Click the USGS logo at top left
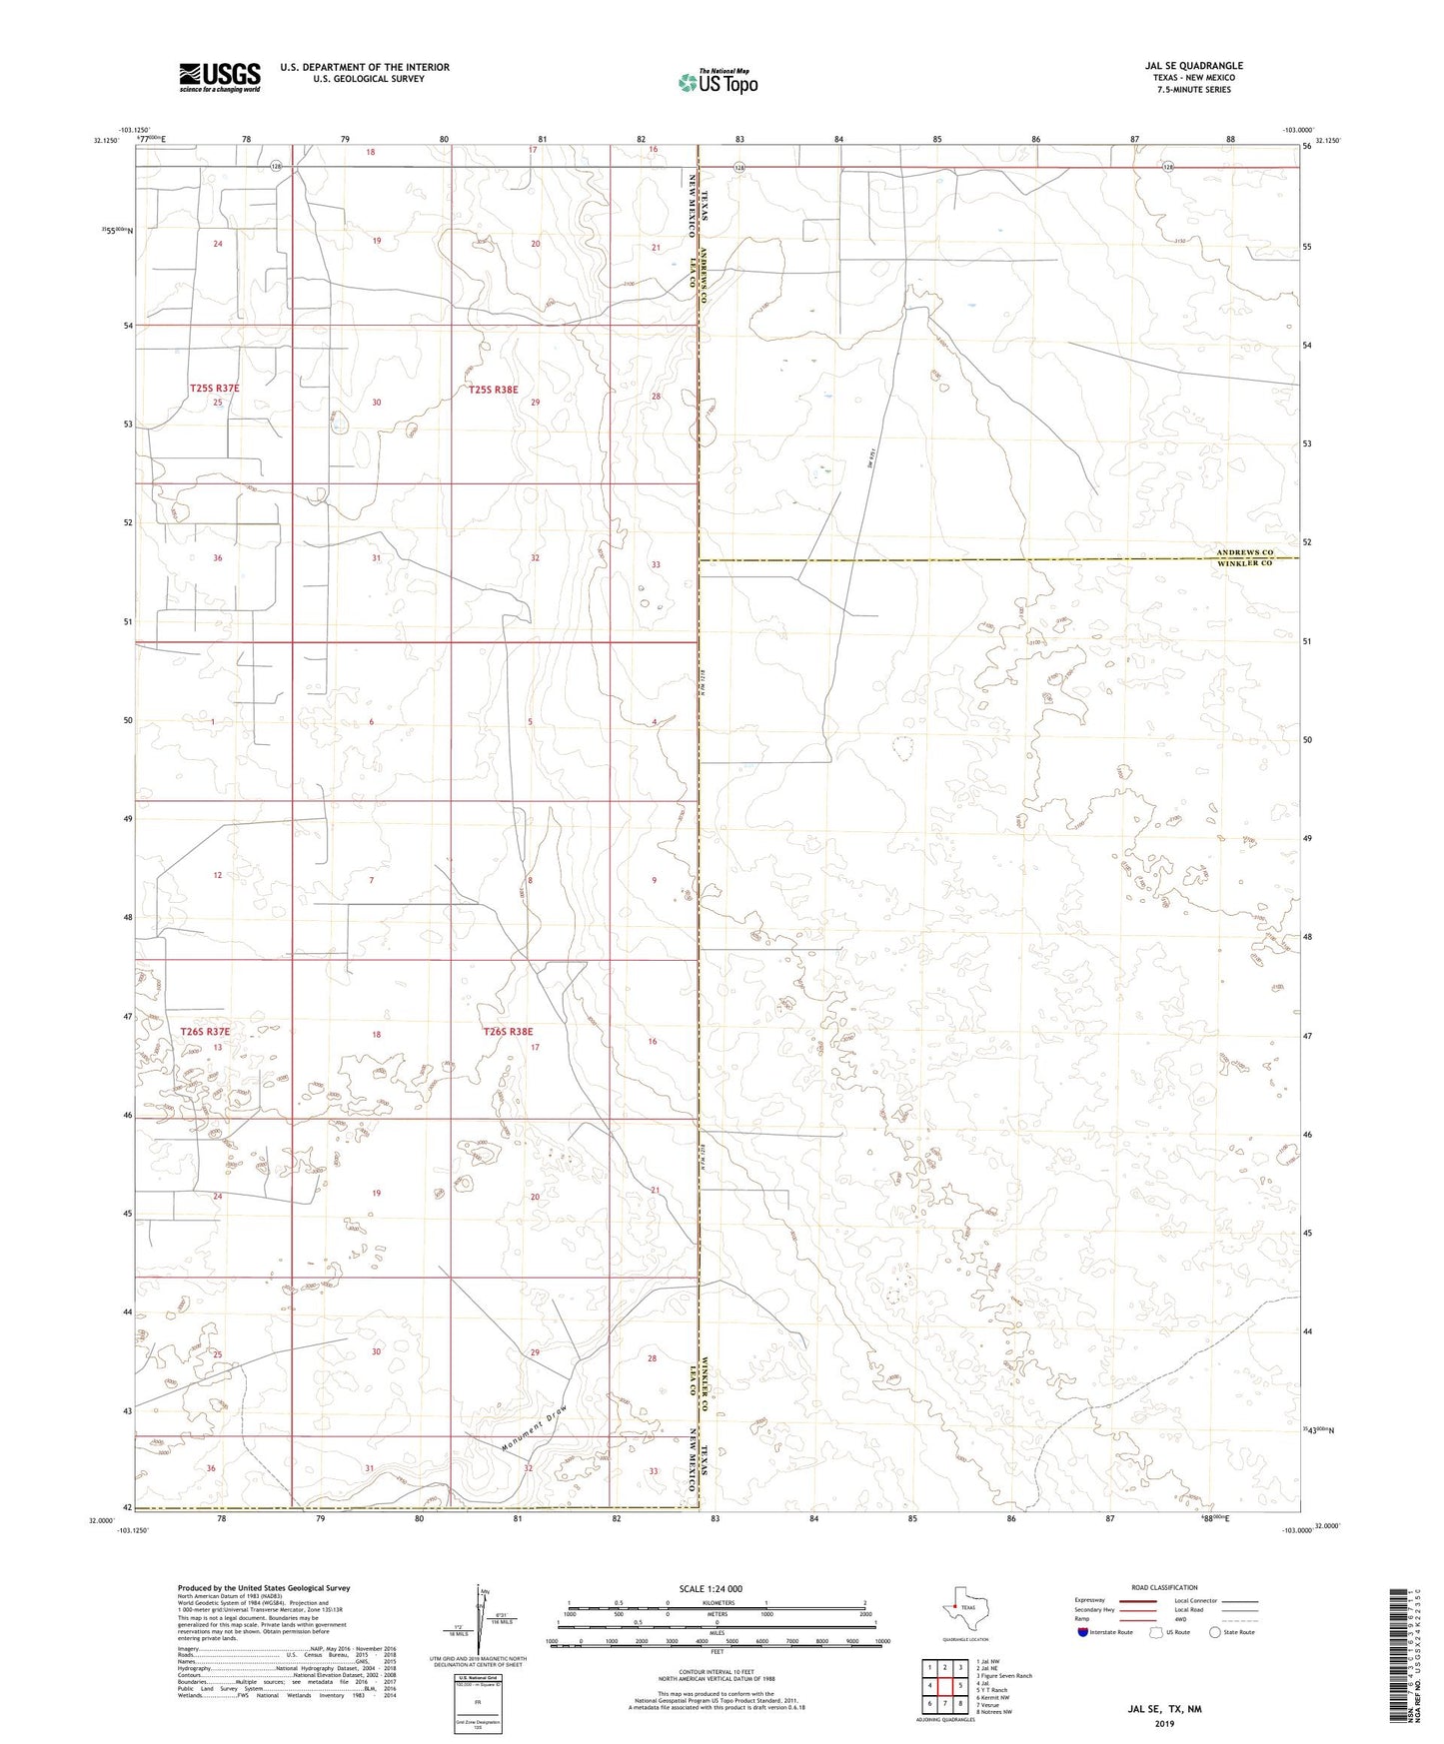click(x=220, y=77)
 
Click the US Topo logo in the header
click(x=717, y=82)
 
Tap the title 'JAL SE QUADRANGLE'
click(x=1193, y=66)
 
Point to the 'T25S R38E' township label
click(x=494, y=390)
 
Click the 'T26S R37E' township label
click(x=205, y=1031)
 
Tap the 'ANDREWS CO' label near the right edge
click(x=1244, y=552)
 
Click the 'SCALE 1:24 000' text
click(x=710, y=1588)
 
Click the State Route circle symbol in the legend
click(x=1215, y=1632)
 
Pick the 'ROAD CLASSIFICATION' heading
click(x=1164, y=1587)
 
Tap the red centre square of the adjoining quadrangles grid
click(x=944, y=1685)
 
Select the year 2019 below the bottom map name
click(x=1163, y=1723)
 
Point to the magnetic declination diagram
click(x=483, y=1620)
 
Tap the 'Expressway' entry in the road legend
click(x=1089, y=1600)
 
